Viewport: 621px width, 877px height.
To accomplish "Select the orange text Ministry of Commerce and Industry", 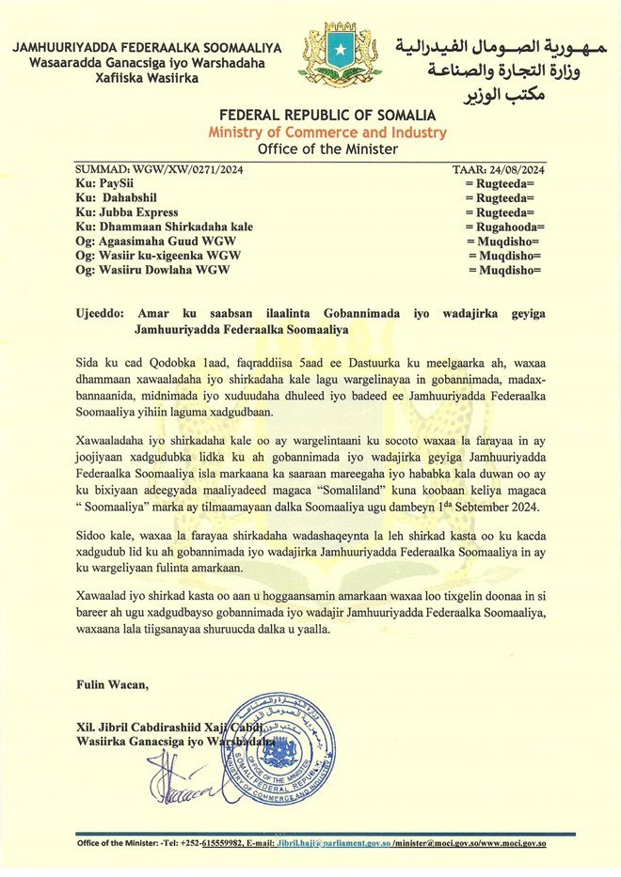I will click(x=327, y=133).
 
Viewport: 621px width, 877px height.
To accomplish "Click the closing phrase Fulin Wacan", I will click(x=112, y=684).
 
